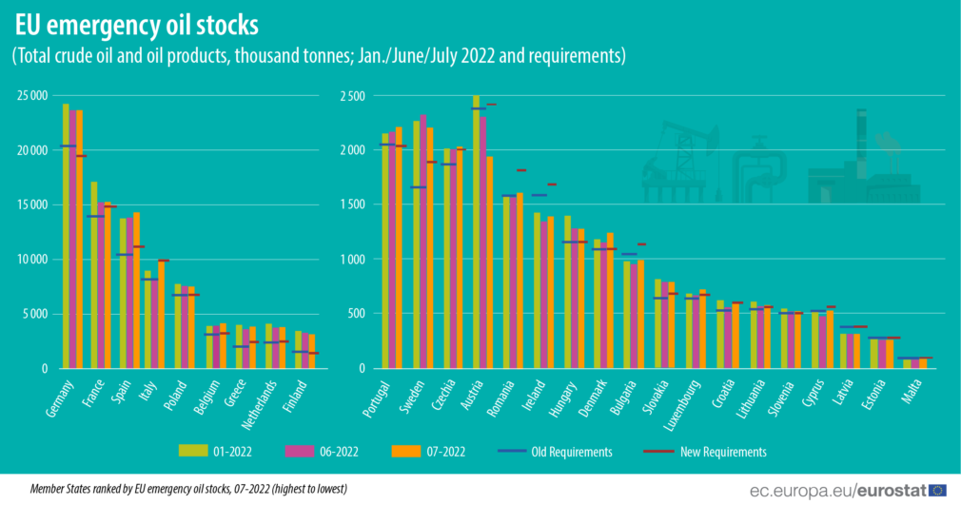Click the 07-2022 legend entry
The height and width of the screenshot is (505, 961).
pos(444,452)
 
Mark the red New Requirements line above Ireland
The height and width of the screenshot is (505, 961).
pos(552,185)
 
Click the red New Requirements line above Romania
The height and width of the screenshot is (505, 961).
pos(521,170)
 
